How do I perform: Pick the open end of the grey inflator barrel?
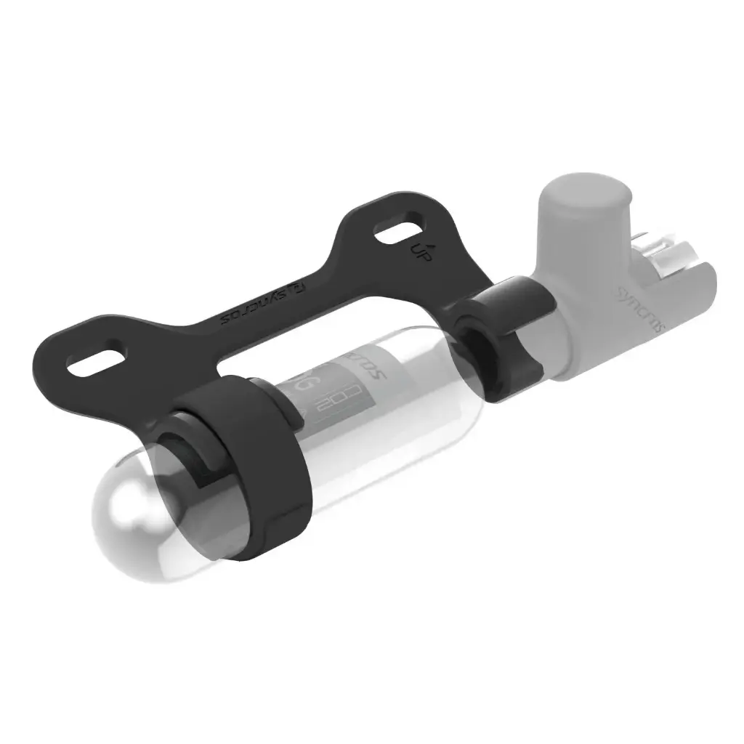tap(694, 280)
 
